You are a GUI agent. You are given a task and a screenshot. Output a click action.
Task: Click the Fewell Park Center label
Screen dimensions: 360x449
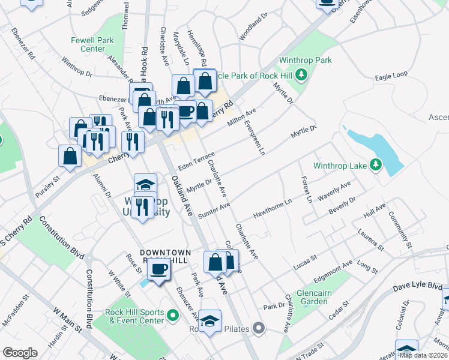(84, 44)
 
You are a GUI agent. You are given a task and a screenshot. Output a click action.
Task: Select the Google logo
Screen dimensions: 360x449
(20, 353)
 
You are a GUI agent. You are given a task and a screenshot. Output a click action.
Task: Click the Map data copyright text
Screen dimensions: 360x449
(423, 355)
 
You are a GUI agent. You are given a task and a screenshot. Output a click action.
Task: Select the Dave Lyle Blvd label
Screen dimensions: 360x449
(421, 288)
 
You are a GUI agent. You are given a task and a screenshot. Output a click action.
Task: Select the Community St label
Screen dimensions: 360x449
(399, 229)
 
